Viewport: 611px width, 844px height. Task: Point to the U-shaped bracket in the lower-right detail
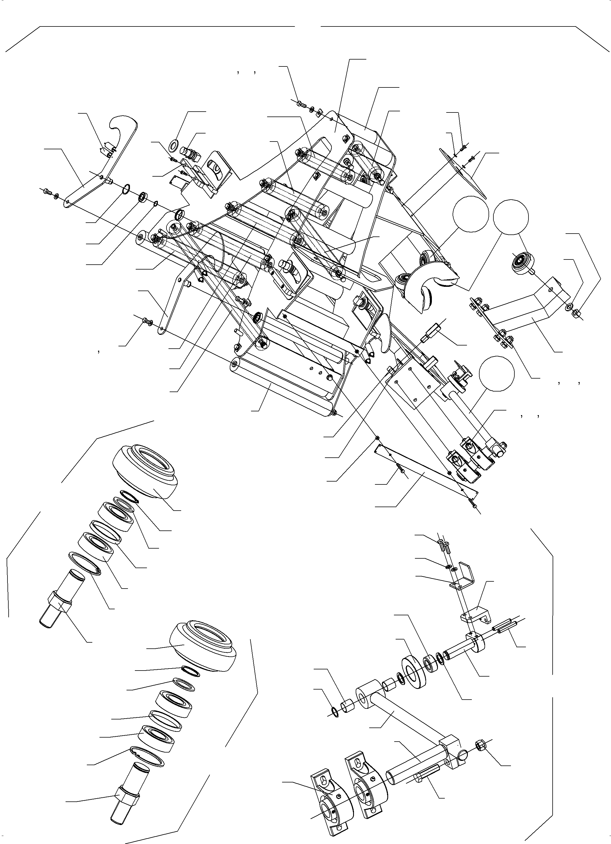click(x=463, y=579)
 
